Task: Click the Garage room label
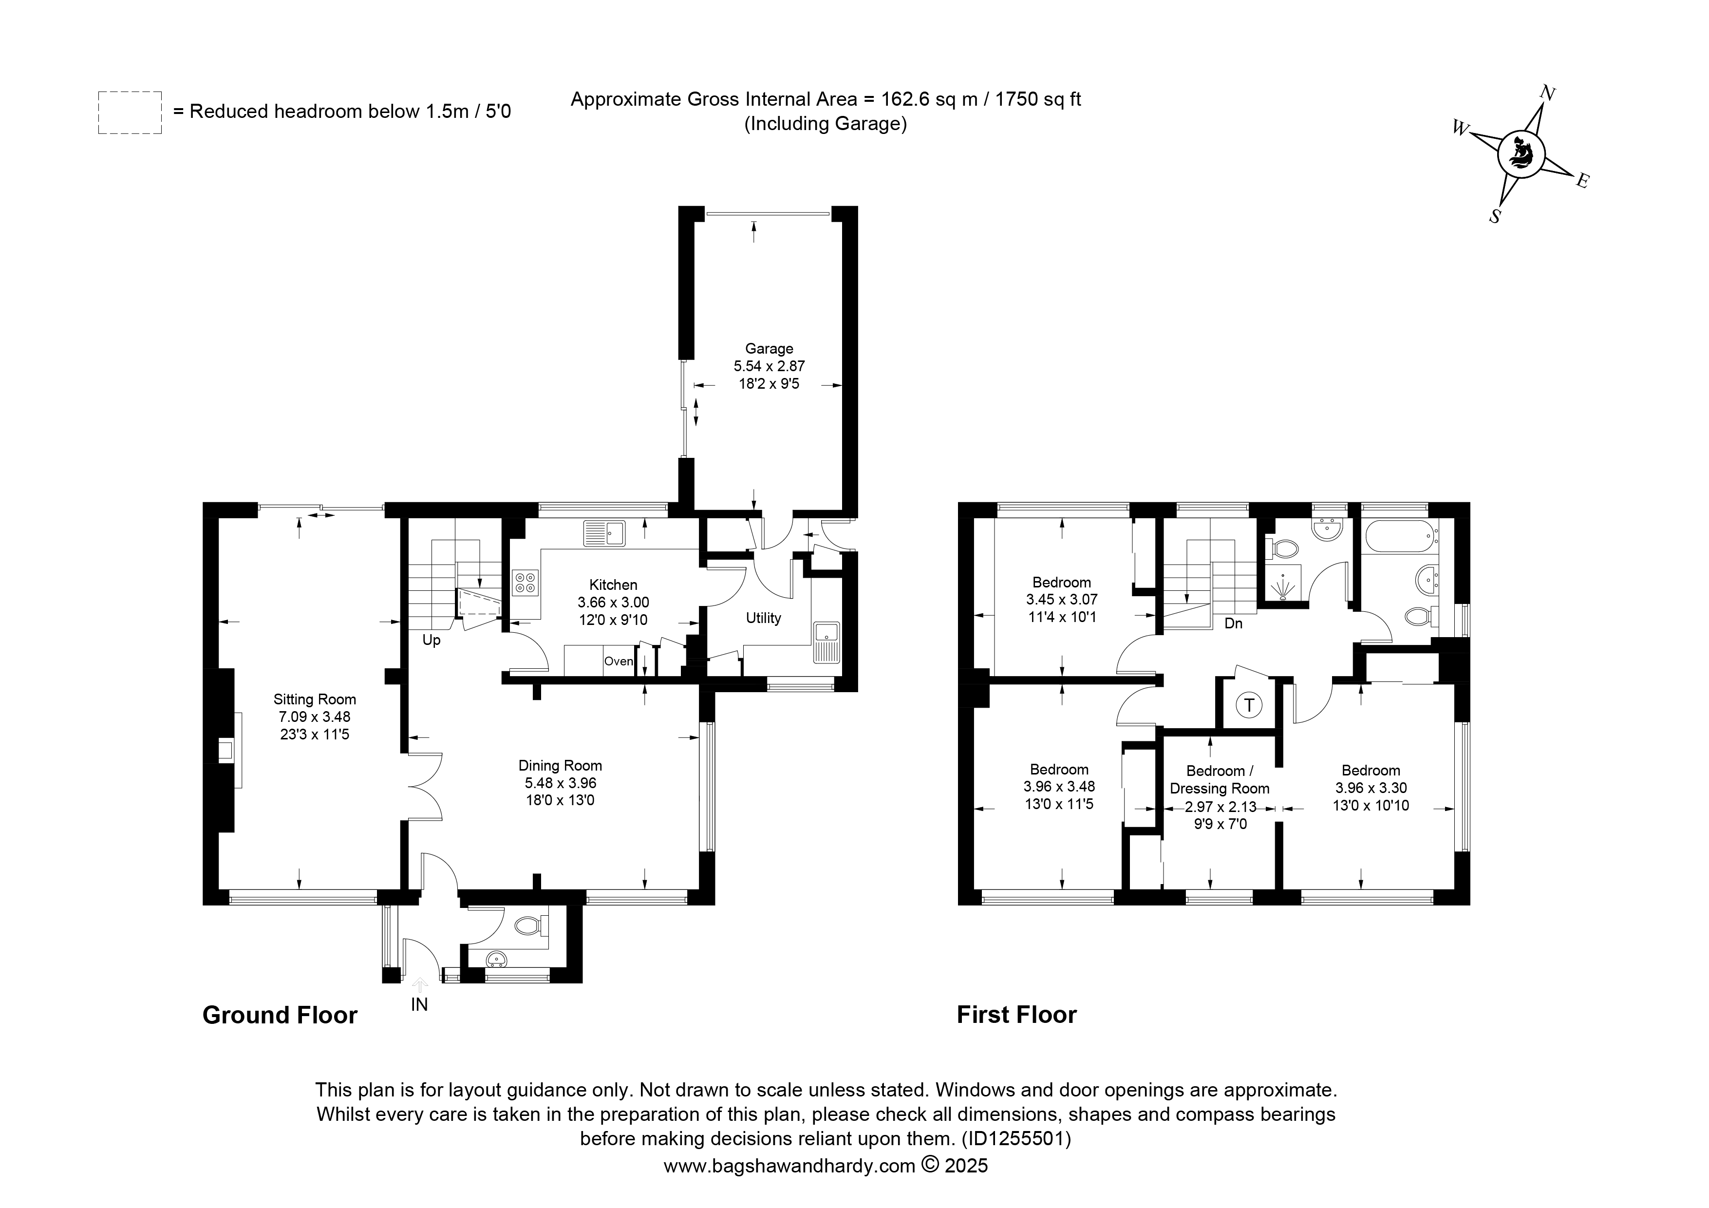pos(769,348)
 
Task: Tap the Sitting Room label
pos(315,699)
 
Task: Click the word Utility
pos(764,618)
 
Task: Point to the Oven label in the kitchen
pos(618,661)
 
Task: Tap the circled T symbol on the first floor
pos(1249,705)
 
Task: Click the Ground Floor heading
pos(280,1015)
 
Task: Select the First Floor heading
pos(1017,1015)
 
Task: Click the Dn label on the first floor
pos(1233,623)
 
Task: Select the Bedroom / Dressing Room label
pos(1220,779)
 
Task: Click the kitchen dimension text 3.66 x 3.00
pos(613,602)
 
